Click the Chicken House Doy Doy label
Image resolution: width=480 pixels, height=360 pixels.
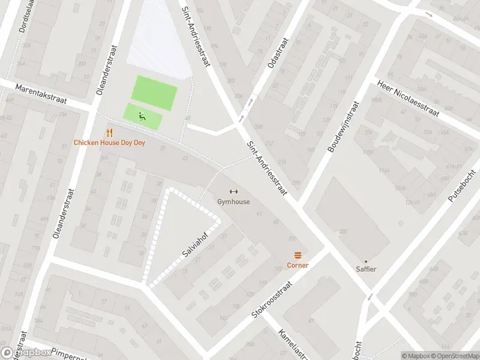pyautogui.click(x=109, y=143)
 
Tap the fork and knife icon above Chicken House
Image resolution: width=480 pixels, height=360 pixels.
pyautogui.click(x=109, y=133)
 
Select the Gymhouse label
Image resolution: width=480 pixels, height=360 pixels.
pyautogui.click(x=233, y=202)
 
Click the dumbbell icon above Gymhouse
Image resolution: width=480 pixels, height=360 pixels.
pyautogui.click(x=233, y=192)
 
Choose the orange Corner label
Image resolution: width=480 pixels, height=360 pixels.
pyautogui.click(x=298, y=265)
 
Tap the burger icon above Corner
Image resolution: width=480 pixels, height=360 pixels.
pyautogui.click(x=298, y=255)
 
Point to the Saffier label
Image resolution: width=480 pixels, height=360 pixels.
pyautogui.click(x=366, y=269)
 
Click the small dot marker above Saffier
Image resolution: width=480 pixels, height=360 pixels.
pyautogui.click(x=366, y=261)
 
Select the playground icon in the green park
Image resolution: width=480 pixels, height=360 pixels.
pyautogui.click(x=143, y=116)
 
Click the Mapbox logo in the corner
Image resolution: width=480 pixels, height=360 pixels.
pyautogui.click(x=27, y=353)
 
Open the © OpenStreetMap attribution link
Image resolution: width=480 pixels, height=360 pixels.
pyautogui.click(x=454, y=356)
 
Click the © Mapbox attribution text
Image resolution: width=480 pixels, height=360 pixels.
pyautogui.click(x=415, y=356)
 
